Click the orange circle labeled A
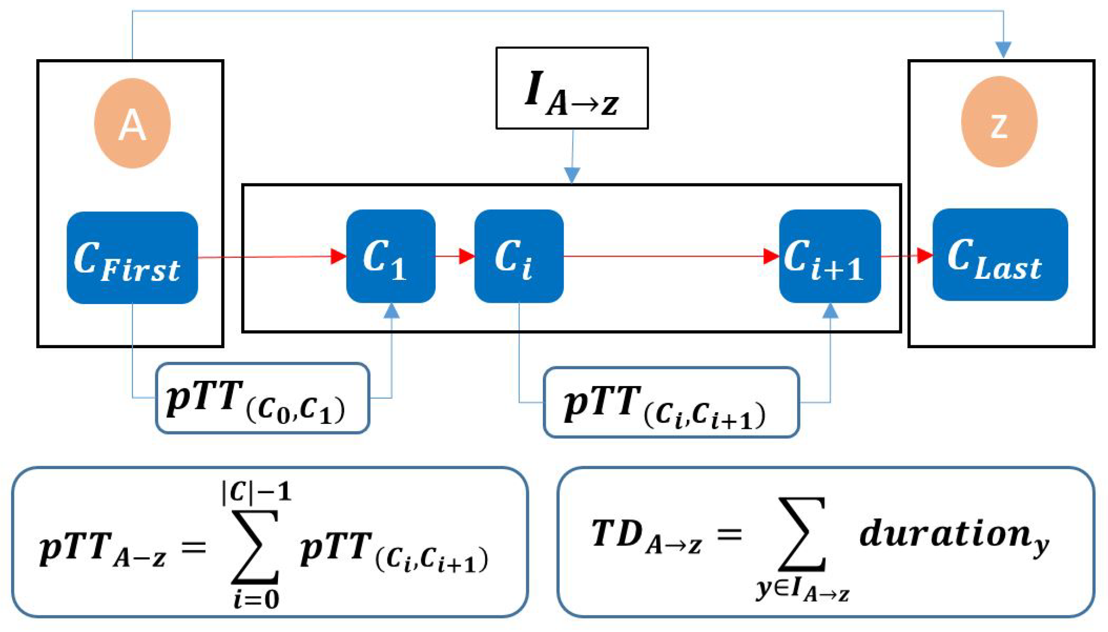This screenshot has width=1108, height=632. [132, 123]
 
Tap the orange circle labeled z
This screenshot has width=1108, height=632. [999, 122]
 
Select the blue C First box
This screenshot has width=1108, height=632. [132, 258]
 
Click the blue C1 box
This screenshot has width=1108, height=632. [391, 256]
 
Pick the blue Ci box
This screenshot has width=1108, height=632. [519, 256]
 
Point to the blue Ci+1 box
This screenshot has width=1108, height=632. [830, 256]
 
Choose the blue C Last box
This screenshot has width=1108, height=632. [1000, 255]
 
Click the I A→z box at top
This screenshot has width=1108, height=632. [571, 88]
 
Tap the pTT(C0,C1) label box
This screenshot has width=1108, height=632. [262, 398]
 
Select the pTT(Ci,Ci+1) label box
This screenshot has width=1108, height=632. [671, 403]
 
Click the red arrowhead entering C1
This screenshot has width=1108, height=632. [339, 256]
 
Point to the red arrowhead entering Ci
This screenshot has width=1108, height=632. [467, 256]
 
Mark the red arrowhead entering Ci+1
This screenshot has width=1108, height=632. [771, 256]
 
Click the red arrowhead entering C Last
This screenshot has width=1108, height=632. [925, 255]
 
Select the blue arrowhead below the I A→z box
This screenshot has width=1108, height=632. [572, 175]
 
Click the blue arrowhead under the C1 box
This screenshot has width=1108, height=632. [391, 311]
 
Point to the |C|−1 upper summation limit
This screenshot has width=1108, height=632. [256, 493]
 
